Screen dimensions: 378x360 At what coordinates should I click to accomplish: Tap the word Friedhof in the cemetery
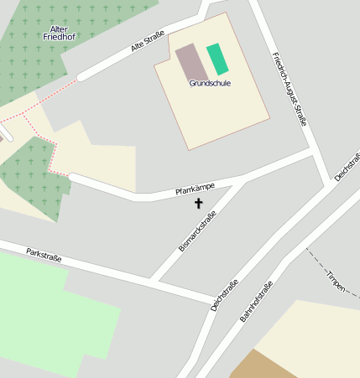point(60,38)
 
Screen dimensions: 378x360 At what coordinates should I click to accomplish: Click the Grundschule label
point(210,83)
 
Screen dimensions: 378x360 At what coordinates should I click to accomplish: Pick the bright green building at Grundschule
point(217,59)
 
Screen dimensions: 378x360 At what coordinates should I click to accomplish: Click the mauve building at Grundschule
point(191,63)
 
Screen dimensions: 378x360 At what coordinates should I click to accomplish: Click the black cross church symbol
point(199,203)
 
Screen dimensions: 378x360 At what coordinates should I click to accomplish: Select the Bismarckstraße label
point(197,232)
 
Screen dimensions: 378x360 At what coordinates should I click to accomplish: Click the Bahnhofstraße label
point(257,301)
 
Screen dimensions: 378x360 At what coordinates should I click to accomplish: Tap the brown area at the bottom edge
point(260,366)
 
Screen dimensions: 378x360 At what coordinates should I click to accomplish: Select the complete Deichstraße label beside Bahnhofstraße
point(225,295)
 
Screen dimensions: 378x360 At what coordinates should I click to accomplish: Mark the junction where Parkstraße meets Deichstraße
point(213,301)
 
